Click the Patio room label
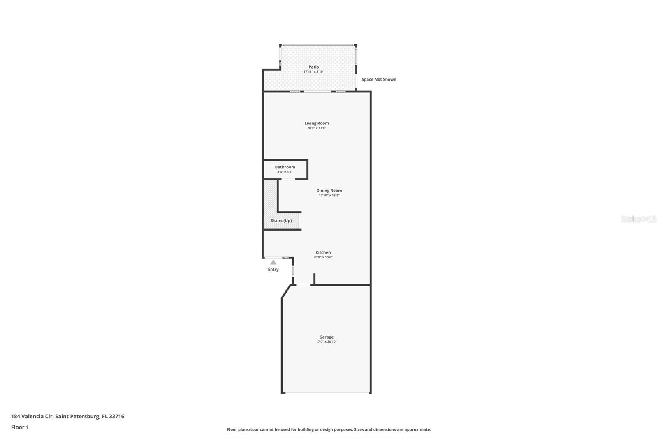314,67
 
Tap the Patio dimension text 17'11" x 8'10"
314,72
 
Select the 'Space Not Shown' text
379,79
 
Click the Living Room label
317,123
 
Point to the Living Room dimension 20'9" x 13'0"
317,128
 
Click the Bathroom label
285,167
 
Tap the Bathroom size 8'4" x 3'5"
285,172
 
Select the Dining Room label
329,191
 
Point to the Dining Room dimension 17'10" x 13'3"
329,196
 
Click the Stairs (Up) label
281,221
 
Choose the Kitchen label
323,253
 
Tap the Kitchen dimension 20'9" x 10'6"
323,258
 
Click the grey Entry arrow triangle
273,262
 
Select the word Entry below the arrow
273,270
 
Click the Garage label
327,337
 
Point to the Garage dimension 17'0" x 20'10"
327,342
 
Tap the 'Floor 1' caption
20,427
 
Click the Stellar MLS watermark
638,219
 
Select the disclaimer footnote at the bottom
329,429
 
